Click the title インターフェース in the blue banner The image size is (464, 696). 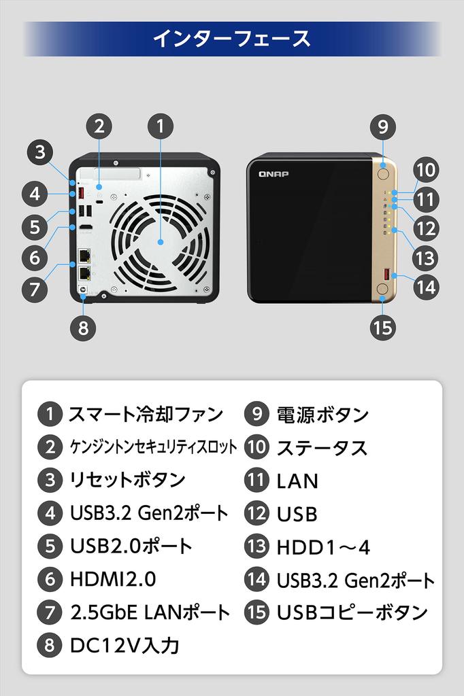point(231,38)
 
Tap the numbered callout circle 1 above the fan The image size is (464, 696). point(161,126)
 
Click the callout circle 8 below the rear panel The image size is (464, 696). point(83,328)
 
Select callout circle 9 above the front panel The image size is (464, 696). point(383,126)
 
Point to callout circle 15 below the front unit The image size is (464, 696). point(383,328)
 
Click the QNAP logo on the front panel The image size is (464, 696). point(274,174)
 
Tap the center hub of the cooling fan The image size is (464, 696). point(161,242)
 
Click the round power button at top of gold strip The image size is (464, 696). point(382,173)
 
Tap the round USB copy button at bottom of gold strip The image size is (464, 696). point(382,290)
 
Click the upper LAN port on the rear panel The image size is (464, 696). point(86,256)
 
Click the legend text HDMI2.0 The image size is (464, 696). point(113,580)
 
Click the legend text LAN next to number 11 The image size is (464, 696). point(297,481)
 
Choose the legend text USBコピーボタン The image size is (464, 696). point(352,612)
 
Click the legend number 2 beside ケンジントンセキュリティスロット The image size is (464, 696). point(50,447)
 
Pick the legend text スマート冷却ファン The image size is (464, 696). point(146,413)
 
